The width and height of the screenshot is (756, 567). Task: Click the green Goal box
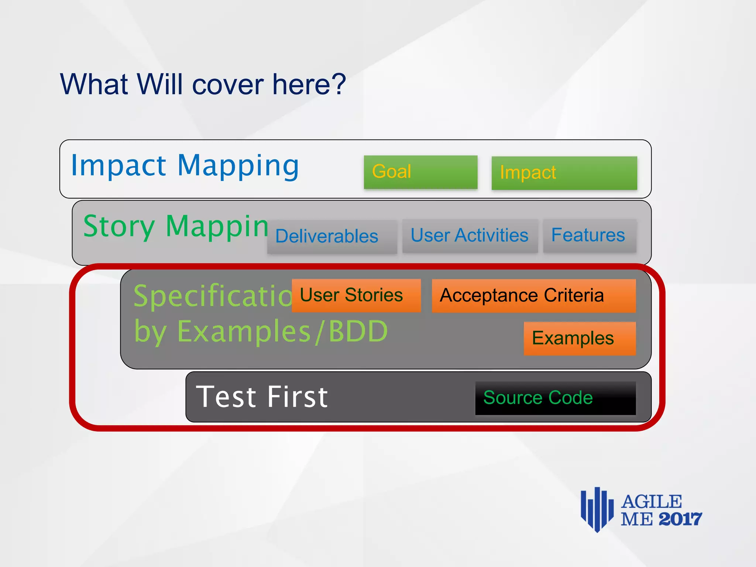420,172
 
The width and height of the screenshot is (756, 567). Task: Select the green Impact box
564,173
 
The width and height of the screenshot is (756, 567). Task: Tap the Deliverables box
332,237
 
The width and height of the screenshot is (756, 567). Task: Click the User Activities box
470,236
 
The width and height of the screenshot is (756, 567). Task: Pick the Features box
589,236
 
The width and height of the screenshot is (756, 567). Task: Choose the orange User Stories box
356,295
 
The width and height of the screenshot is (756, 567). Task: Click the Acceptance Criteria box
533,296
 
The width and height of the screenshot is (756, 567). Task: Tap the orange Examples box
579,339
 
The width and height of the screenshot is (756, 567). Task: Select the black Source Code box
555,398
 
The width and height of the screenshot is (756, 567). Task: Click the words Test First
262,397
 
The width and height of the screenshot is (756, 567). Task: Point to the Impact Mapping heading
185,166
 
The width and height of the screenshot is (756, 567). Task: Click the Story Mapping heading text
176,226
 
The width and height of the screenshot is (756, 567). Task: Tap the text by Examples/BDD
261,331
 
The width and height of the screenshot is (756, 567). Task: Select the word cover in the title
228,85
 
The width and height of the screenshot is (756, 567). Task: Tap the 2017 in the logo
680,519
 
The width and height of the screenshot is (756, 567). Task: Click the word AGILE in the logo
651,502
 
